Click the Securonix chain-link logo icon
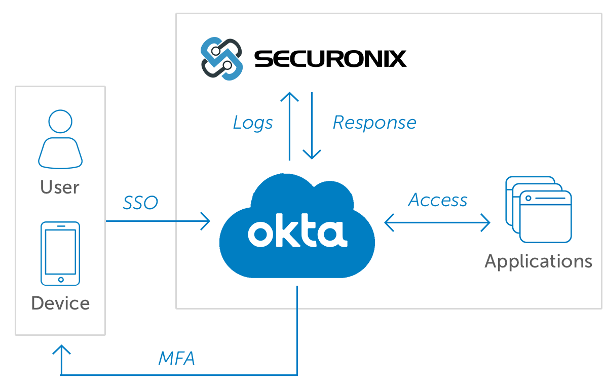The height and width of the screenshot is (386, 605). [221, 59]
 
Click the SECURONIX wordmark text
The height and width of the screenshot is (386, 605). [330, 59]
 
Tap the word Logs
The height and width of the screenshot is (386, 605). [253, 123]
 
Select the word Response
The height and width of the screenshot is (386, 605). [374, 123]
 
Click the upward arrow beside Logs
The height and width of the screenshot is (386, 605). [290, 127]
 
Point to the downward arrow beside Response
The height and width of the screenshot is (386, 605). [312, 127]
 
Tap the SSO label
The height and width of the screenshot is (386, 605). [140, 203]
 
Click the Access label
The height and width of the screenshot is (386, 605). [438, 200]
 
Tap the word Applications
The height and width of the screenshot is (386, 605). [538, 261]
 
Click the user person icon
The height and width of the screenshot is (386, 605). [60, 139]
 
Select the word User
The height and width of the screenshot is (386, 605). [60, 187]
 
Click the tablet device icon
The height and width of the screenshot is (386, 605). [61, 253]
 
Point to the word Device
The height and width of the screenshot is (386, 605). [60, 303]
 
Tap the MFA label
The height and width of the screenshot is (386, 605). [177, 359]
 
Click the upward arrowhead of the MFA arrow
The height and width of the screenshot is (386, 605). [61, 349]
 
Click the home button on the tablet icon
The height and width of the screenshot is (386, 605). [61, 279]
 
